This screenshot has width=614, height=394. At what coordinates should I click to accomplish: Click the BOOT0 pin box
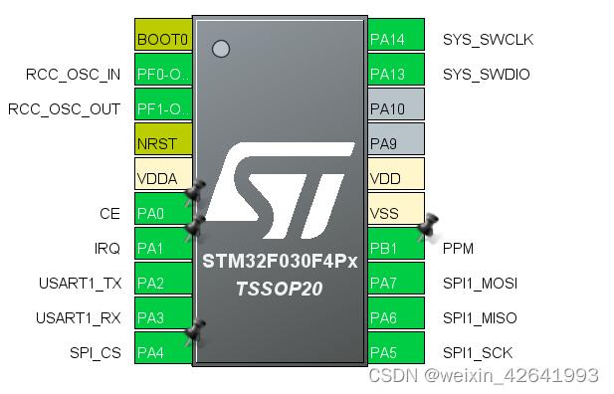pos(162,40)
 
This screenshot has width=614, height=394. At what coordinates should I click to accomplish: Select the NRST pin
pos(162,143)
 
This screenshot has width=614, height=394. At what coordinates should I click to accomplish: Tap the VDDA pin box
pos(162,179)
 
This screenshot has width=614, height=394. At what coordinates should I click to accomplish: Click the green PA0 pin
pos(162,213)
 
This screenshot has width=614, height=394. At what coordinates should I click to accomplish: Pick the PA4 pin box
pos(162,352)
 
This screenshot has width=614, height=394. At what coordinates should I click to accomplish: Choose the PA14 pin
pos(396,40)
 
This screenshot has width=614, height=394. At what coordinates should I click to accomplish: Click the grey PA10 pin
pos(396,108)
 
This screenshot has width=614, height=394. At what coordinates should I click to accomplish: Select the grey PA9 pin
pos(396,143)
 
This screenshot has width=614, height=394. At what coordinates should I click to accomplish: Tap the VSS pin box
pos(396,213)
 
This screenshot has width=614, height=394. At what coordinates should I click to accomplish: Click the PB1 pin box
pos(396,248)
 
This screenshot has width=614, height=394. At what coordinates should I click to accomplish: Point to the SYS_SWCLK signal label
pos(489,40)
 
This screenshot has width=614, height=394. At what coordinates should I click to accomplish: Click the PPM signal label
pos(460,249)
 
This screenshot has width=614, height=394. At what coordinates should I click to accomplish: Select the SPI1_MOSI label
pos(481,284)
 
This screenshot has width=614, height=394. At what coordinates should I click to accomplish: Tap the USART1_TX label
pos(79,284)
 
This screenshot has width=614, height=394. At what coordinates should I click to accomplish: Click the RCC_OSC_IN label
pos(73,75)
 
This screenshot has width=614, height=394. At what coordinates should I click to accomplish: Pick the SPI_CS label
pos(96,352)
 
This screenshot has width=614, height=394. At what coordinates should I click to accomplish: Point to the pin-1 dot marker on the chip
pos(221,48)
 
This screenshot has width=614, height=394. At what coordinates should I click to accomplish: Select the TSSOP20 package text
pos(280,288)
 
